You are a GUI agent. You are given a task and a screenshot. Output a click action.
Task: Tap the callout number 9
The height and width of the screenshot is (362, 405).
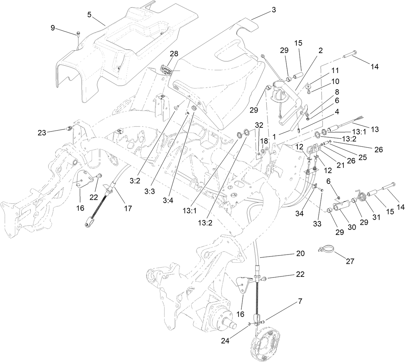53,28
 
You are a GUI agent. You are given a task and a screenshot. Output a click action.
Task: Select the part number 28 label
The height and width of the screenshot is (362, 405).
174,54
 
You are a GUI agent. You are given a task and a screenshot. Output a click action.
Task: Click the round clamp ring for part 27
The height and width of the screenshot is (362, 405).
327,250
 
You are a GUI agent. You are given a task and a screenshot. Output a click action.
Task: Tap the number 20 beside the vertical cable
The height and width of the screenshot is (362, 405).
300,253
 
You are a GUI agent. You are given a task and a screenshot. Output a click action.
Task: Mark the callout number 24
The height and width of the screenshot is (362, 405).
225,341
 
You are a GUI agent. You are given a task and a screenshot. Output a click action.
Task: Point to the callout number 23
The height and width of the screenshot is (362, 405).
42,133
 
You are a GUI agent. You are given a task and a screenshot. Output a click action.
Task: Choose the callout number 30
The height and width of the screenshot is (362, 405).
352,227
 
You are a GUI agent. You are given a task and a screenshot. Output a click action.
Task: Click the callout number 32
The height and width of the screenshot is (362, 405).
259,125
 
